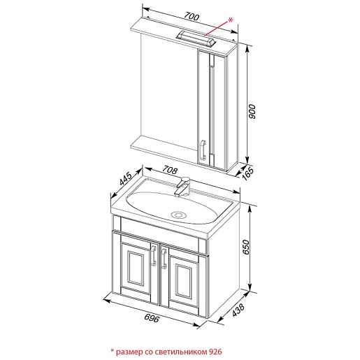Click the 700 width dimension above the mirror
192,17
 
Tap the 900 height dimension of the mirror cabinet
252,112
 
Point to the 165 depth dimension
247,173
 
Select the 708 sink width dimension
170,170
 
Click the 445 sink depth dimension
126,178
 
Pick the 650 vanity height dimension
246,247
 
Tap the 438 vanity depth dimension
238,310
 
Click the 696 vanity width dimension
152,318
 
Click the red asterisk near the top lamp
230,20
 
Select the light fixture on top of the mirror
196,38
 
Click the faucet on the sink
183,186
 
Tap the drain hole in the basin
178,215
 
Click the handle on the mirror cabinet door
203,150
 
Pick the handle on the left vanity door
154,255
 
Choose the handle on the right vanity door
164,258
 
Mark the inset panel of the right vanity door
184,281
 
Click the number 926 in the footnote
215,352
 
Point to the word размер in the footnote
129,352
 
